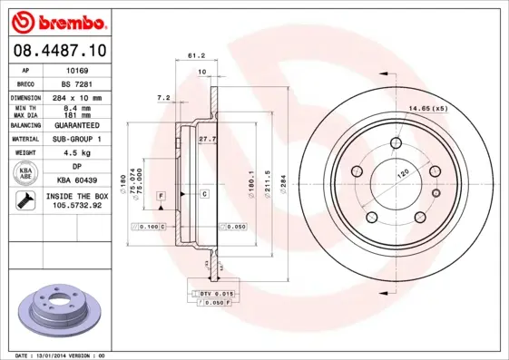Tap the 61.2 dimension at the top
point(195,55)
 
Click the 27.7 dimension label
point(206,139)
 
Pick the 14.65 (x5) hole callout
point(427,109)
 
